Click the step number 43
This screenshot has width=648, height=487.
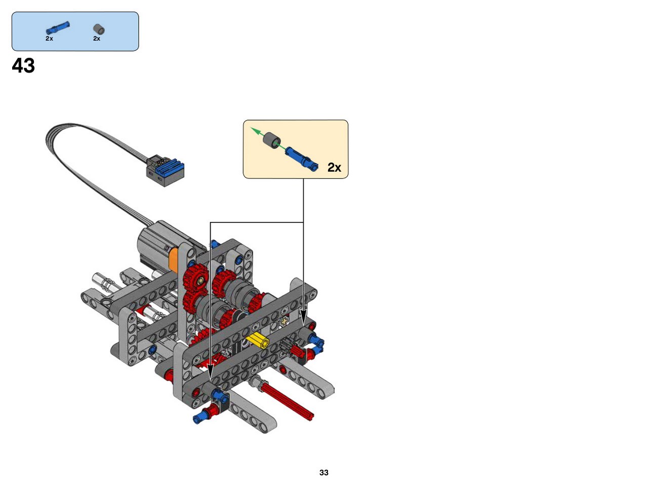[x=23, y=65]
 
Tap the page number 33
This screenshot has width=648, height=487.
[x=323, y=472]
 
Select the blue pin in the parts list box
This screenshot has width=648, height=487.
[x=58, y=28]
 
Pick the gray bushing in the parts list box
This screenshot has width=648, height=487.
[x=99, y=29]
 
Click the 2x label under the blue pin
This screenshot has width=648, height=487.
[x=49, y=39]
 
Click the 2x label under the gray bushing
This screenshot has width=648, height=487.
[x=97, y=39]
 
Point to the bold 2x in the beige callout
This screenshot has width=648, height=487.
[x=334, y=168]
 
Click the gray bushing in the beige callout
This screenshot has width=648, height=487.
[x=272, y=141]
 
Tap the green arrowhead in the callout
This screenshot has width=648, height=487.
[x=255, y=131]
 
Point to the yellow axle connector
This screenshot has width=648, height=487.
[x=258, y=340]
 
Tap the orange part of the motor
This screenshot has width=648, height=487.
[x=174, y=260]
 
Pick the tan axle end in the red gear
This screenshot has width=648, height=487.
[x=201, y=280]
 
